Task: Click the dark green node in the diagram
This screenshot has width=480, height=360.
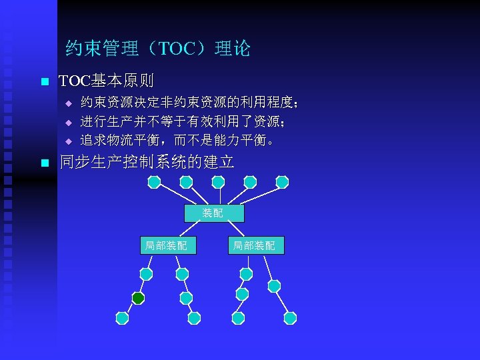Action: pyautogui.click(x=138, y=298)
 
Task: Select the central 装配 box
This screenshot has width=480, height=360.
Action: pyautogui.click(x=213, y=213)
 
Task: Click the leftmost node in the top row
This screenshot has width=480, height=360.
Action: pyautogui.click(x=154, y=182)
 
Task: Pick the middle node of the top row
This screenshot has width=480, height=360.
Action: pyautogui.click(x=218, y=182)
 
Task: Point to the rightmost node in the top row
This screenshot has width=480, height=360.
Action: pyautogui.click(x=282, y=182)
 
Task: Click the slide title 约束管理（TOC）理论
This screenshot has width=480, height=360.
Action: pyautogui.click(x=158, y=48)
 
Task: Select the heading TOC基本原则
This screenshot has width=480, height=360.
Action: pyautogui.click(x=107, y=81)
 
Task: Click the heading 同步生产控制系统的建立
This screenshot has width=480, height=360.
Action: pyautogui.click(x=147, y=162)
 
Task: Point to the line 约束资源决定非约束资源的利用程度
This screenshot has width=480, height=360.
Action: pyautogui.click(x=189, y=103)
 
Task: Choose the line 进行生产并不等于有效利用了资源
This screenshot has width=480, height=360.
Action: pyautogui.click(x=184, y=122)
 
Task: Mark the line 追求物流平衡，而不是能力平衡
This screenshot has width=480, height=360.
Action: pyautogui.click(x=177, y=141)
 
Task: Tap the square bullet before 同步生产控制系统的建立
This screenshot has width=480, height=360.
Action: pyautogui.click(x=44, y=163)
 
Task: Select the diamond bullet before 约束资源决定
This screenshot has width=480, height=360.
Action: pyautogui.click(x=67, y=104)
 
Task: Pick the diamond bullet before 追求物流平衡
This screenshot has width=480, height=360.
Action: pyautogui.click(x=67, y=141)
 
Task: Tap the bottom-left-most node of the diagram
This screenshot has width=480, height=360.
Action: pyautogui.click(x=122, y=318)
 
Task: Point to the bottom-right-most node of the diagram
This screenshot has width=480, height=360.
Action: pyautogui.click(x=290, y=318)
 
